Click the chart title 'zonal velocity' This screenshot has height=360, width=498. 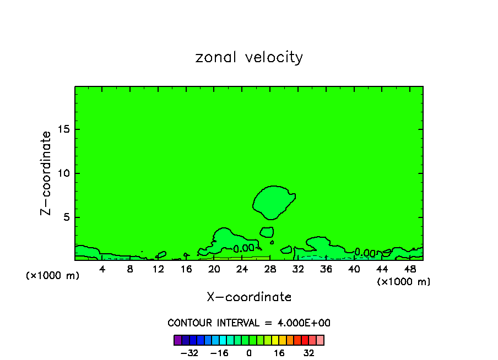coord(249,57)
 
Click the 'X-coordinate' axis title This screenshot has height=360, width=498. coord(249,297)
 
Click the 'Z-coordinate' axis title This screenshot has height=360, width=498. coord(46,173)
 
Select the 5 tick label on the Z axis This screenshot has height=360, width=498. coord(66,217)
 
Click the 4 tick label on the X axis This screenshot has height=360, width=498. coord(102,269)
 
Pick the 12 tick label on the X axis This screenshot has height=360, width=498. coord(158,269)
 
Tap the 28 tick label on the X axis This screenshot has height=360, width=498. coord(270,269)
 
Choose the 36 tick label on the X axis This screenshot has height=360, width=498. coord(326,269)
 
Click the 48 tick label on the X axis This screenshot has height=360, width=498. coord(410,269)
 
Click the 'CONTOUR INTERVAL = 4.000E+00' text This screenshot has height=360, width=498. coord(249,323)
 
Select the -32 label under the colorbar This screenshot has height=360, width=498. coord(190,353)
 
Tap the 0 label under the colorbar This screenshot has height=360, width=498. coord(249,353)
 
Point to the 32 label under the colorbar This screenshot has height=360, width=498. coord(308,353)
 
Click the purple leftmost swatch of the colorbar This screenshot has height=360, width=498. coord(177,340)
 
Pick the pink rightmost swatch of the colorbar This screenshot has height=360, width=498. coord(320,340)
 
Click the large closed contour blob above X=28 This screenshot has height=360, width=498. coord(273,201)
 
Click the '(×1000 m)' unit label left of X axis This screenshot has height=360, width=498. coord(53,276)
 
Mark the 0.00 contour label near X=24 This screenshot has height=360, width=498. coord(243,249)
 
